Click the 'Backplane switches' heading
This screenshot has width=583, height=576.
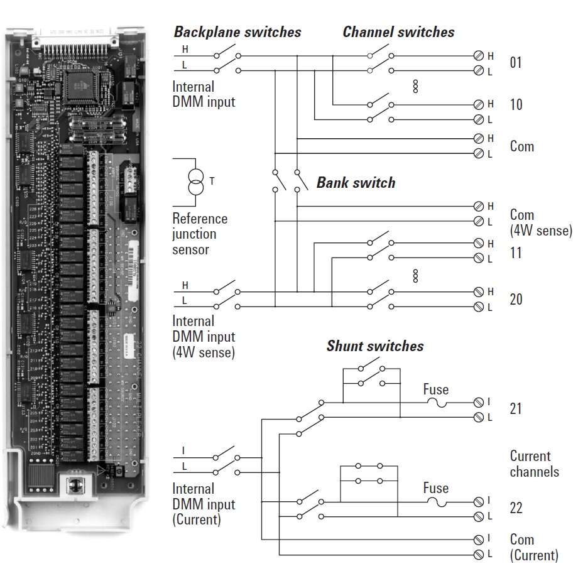click(237, 32)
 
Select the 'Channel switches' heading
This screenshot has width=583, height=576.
click(398, 32)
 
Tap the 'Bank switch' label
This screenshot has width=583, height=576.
click(356, 183)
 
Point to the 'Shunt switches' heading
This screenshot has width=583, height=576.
click(374, 346)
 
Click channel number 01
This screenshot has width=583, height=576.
click(515, 63)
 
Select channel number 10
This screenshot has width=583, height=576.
click(515, 104)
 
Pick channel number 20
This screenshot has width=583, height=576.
click(515, 299)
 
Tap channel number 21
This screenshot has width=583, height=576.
click(515, 409)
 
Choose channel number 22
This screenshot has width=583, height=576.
click(515, 508)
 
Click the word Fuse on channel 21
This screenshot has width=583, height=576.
click(435, 389)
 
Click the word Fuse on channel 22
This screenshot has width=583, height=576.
click(435, 488)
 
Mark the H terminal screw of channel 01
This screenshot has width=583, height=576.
click(479, 55)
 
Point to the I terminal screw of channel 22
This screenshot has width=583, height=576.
click(479, 501)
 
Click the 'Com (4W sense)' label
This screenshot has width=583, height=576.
click(540, 223)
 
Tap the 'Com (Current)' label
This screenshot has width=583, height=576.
click(533, 547)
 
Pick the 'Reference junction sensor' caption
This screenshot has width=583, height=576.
click(200, 234)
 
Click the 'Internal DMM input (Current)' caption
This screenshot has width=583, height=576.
click(204, 504)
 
